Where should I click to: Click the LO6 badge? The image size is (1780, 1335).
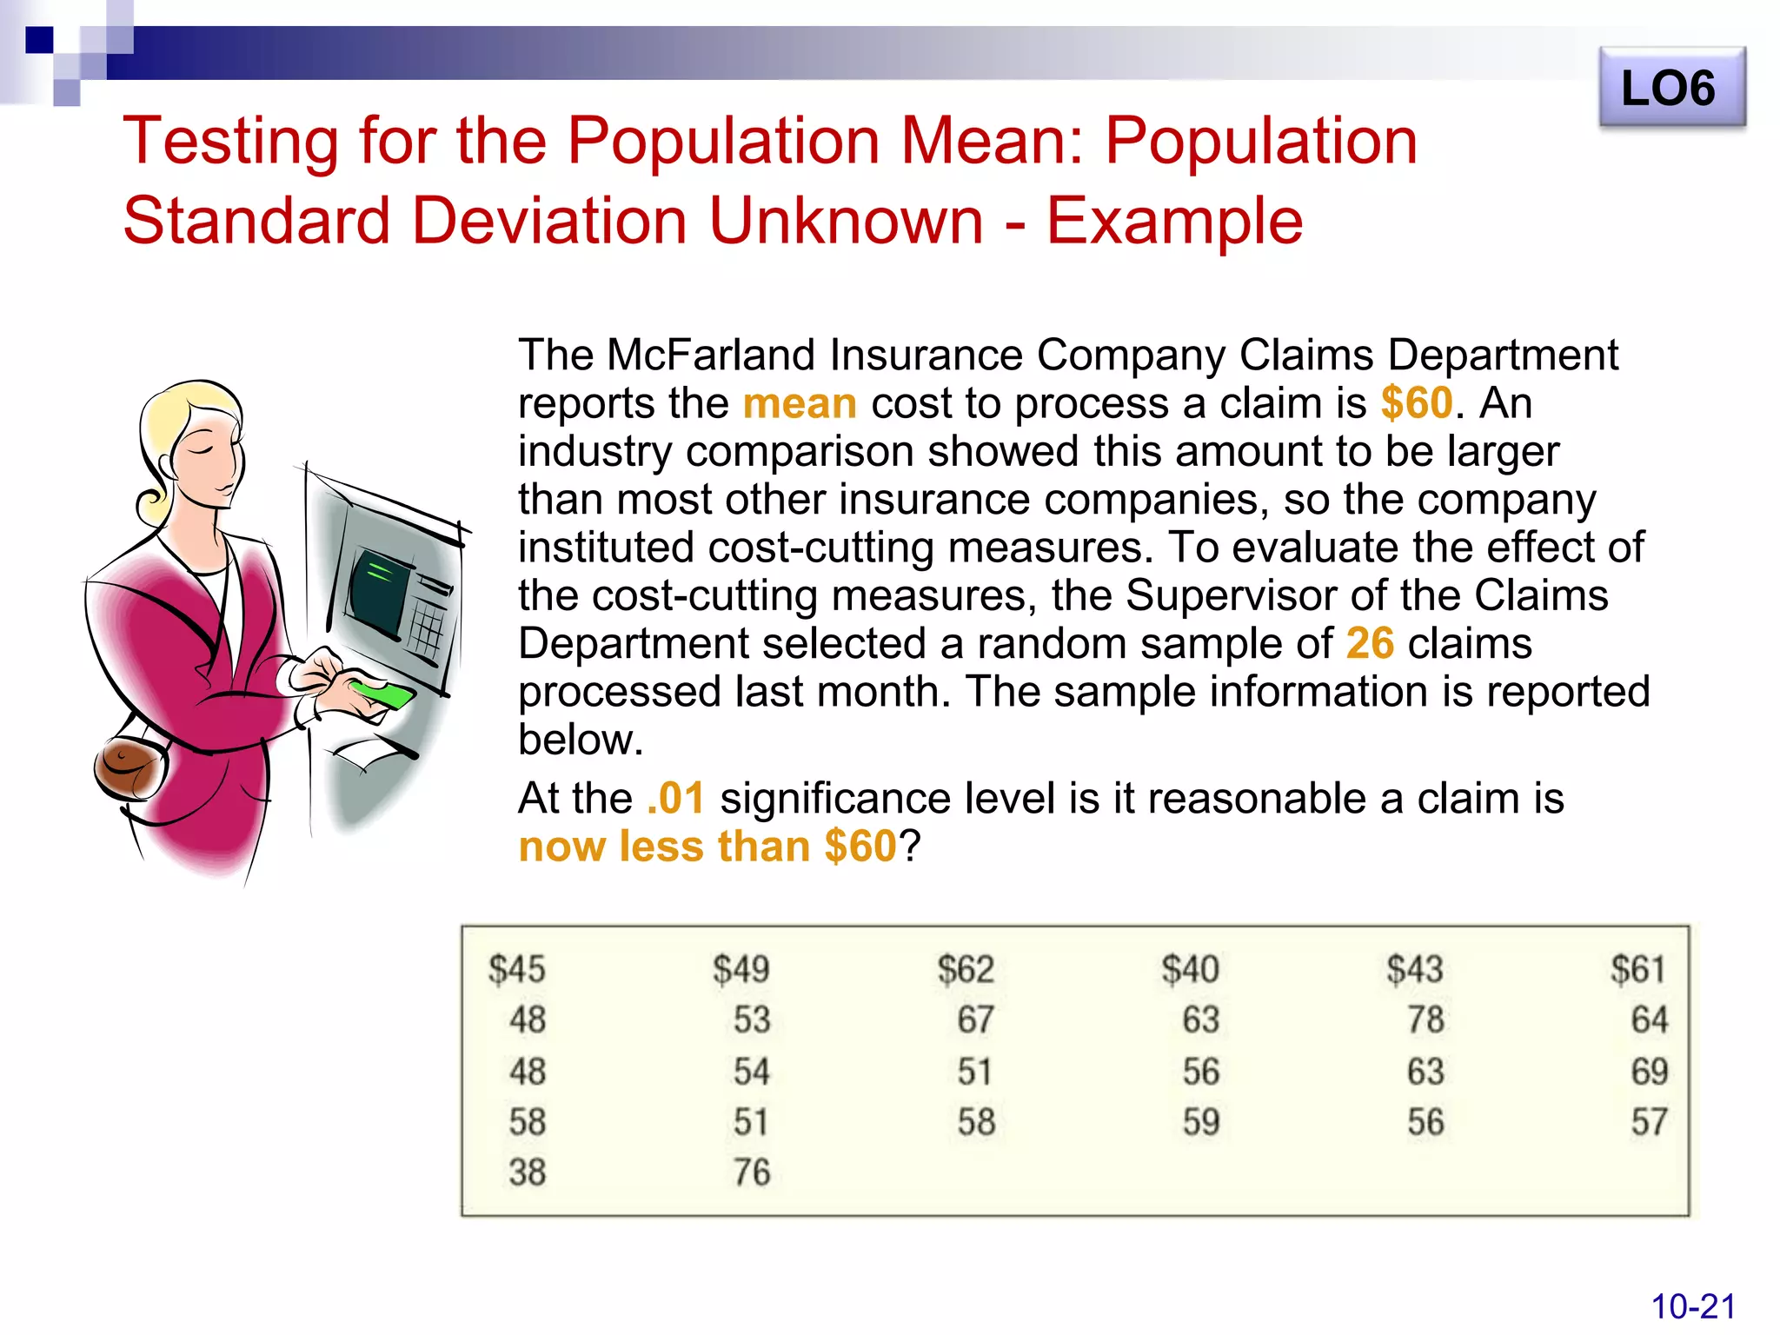pyautogui.click(x=1670, y=89)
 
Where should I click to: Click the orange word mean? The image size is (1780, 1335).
pyautogui.click(x=800, y=404)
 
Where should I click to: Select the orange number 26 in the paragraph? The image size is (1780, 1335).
pyautogui.click(x=1370, y=644)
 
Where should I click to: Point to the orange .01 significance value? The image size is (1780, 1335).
pyautogui.click(x=675, y=798)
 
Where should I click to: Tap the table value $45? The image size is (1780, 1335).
pyautogui.click(x=516, y=969)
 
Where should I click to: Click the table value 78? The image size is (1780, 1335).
pyautogui.click(x=1425, y=1020)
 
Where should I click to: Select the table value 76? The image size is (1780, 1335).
pyautogui.click(x=752, y=1172)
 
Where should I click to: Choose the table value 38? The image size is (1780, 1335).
pyautogui.click(x=528, y=1172)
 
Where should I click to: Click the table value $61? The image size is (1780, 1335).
pyautogui.click(x=1638, y=969)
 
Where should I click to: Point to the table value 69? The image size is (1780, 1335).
pyautogui.click(x=1650, y=1072)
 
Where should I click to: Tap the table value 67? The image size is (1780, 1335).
pyautogui.click(x=975, y=1020)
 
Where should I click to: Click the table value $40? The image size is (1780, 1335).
pyautogui.click(x=1190, y=969)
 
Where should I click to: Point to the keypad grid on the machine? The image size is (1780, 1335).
pyautogui.click(x=427, y=629)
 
